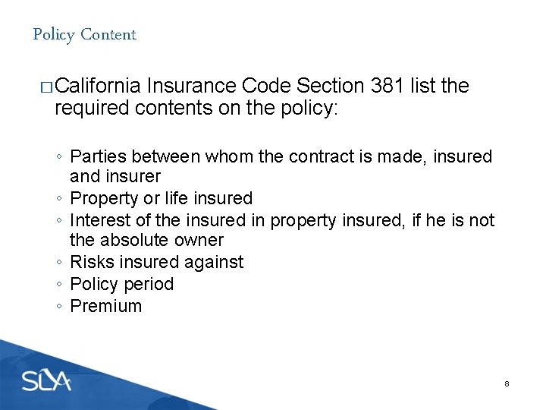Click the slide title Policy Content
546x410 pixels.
pyautogui.click(x=84, y=34)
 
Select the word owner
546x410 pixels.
pyautogui.click(x=199, y=240)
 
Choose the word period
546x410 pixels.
pyautogui.click(x=149, y=284)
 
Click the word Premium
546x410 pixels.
pyautogui.click(x=105, y=306)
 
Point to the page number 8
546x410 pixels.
pyautogui.click(x=507, y=384)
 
